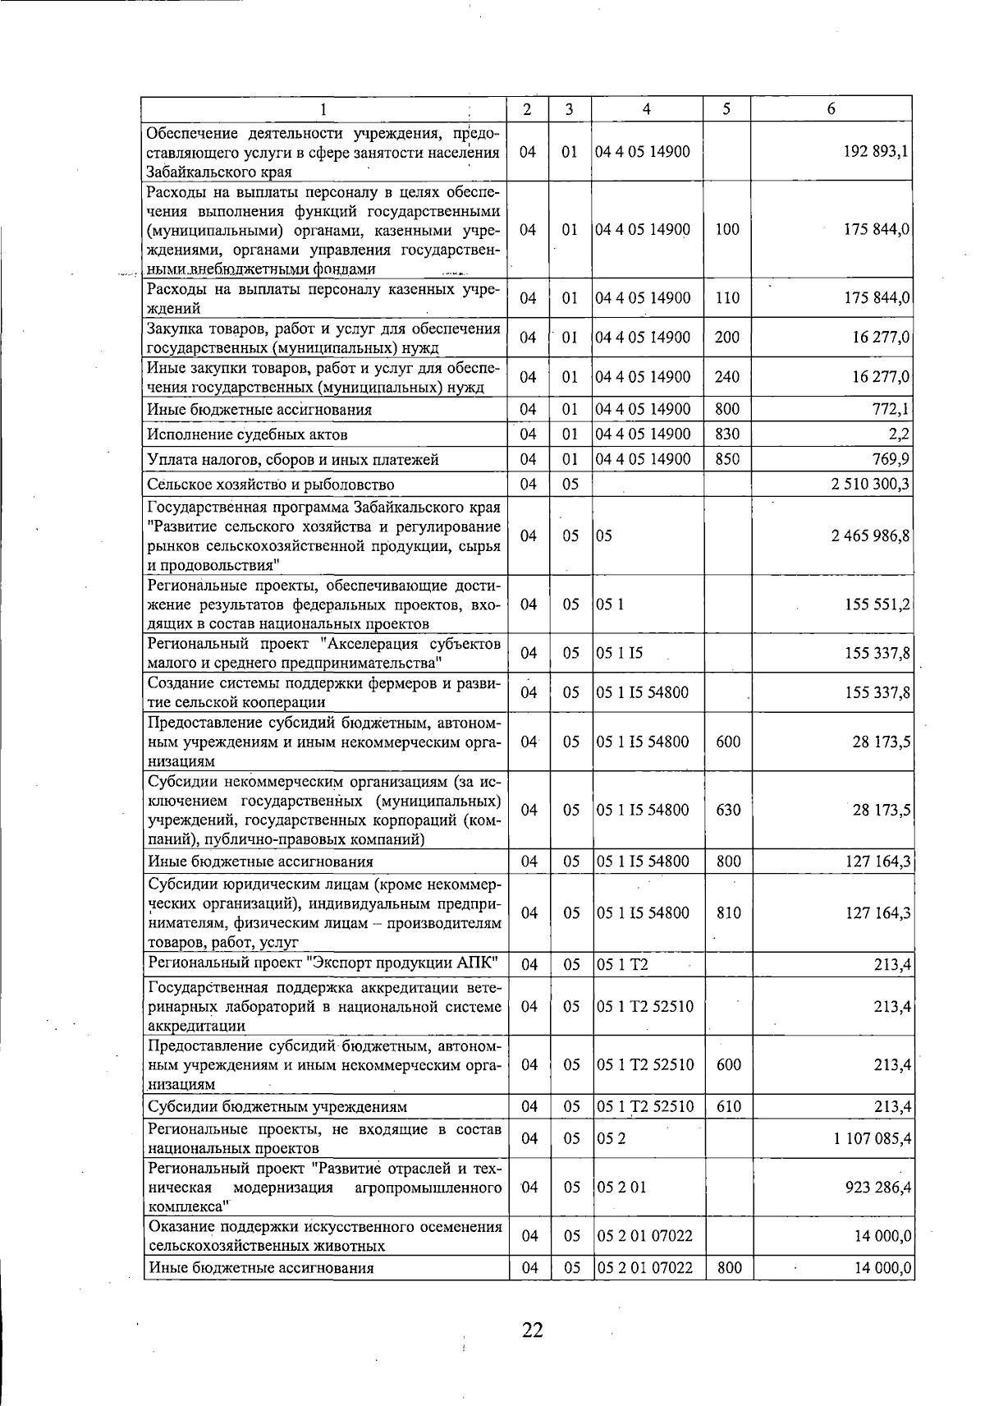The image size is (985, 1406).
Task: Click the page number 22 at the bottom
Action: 532,1330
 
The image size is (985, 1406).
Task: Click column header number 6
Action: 831,109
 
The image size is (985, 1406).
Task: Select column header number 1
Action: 323,109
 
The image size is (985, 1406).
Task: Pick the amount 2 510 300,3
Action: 870,485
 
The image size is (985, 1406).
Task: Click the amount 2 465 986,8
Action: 870,536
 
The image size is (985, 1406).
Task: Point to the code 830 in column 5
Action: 727,434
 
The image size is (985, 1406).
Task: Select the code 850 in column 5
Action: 727,459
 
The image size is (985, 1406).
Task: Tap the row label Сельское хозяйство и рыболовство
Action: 270,485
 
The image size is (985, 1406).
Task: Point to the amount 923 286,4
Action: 875,1188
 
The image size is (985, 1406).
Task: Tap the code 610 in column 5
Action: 727,1107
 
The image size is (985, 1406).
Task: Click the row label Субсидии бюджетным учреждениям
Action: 277,1107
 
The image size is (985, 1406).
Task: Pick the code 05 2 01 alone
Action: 621,1188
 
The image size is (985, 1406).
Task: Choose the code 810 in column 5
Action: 727,913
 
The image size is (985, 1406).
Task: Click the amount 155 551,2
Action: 877,604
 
